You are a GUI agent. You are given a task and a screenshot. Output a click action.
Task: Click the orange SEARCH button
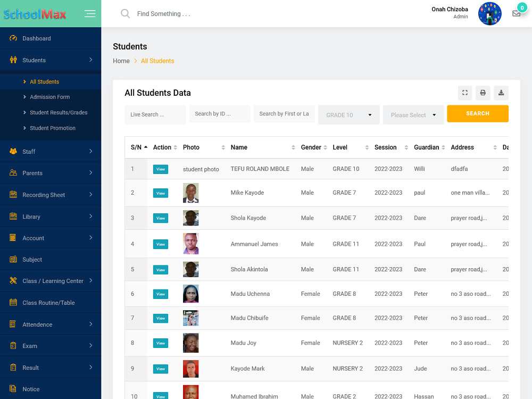click(477, 113)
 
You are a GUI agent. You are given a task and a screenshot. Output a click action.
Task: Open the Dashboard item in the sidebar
click(36, 38)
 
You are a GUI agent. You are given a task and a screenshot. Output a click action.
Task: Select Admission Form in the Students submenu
click(49, 97)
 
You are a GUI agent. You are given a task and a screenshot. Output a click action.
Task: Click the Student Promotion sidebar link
click(52, 128)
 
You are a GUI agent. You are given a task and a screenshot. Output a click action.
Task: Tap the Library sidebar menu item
click(31, 217)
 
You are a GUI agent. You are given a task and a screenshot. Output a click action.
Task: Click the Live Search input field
click(155, 114)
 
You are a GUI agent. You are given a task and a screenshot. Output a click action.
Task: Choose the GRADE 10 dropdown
click(348, 115)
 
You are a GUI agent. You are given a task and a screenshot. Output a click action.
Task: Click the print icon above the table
click(483, 93)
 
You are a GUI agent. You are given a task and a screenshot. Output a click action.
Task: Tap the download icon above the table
click(501, 93)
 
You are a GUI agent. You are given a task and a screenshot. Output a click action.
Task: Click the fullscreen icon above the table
click(465, 93)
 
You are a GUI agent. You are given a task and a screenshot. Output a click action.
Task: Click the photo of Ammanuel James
click(190, 244)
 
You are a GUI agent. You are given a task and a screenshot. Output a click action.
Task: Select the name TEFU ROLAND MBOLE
click(260, 169)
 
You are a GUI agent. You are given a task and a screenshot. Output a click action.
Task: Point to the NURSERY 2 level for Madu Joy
click(347, 343)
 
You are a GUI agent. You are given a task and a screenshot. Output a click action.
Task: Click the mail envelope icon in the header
click(516, 14)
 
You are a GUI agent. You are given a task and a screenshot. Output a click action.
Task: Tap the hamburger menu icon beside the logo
click(90, 14)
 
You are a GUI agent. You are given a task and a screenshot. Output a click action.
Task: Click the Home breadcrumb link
click(121, 61)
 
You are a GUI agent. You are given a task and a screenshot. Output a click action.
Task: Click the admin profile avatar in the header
click(489, 14)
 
